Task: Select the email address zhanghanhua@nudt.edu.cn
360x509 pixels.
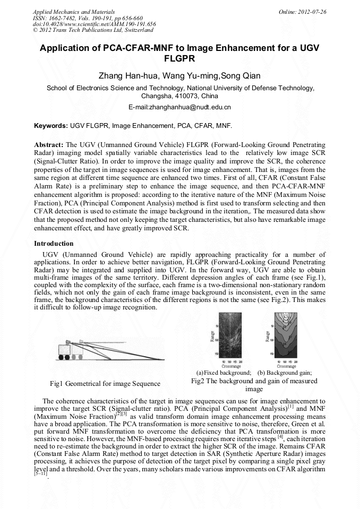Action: coord(180,107)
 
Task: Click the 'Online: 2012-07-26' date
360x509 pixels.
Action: coord(303,11)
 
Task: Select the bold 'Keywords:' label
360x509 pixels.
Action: coord(50,126)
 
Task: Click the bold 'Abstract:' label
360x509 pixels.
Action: coord(49,144)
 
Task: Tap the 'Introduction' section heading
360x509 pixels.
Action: coord(54,243)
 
